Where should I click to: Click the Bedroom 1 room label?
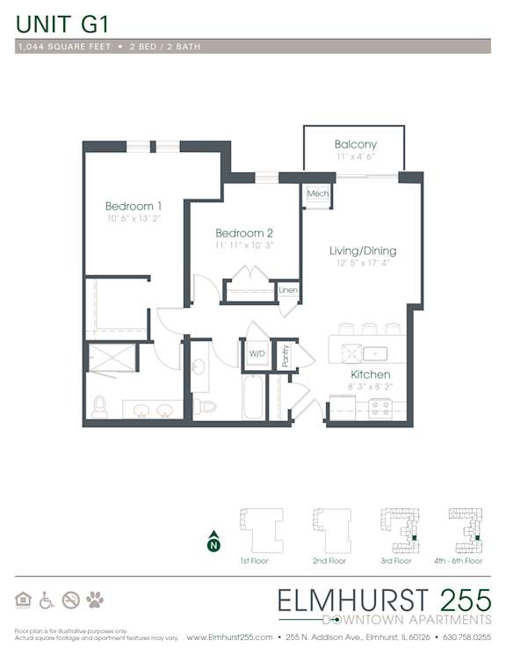tap(134, 206)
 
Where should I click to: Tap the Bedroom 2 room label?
tap(244, 233)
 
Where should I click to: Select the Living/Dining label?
tap(363, 251)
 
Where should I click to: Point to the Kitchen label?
tap(371, 375)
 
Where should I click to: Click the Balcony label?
tap(356, 144)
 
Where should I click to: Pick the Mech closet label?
tap(318, 193)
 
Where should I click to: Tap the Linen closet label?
tap(288, 289)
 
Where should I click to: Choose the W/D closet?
tap(257, 353)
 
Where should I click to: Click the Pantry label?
tap(286, 355)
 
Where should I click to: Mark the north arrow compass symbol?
tap(213, 542)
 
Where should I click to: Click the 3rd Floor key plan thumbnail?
tap(399, 530)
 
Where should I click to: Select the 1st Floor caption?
tap(254, 561)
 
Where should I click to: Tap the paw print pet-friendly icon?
tap(95, 600)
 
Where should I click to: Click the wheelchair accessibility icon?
tap(47, 600)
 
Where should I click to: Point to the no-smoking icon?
tap(71, 600)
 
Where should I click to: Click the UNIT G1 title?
tap(62, 24)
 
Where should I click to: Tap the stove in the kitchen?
tap(380, 409)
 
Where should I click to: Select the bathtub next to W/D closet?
tap(253, 397)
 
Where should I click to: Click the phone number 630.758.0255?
tap(466, 637)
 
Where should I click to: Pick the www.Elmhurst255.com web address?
tap(229, 637)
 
